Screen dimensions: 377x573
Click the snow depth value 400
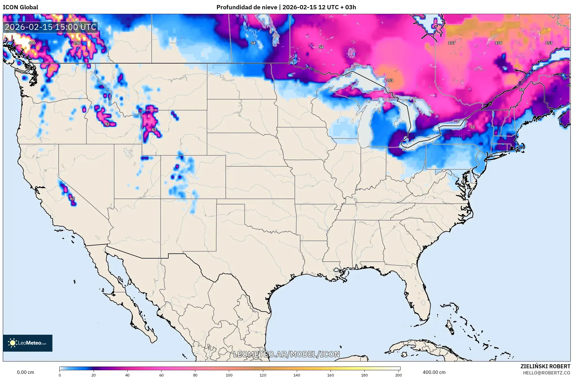[x=32, y=43]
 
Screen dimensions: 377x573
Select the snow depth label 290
[x=77, y=43]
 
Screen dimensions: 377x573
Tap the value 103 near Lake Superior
[x=389, y=80]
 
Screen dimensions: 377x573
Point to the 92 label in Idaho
[x=107, y=124]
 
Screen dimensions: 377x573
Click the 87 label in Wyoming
[x=154, y=130]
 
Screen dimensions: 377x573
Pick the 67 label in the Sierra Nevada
[x=72, y=199]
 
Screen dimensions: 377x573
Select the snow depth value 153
[x=549, y=43]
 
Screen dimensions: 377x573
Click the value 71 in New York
[x=472, y=127]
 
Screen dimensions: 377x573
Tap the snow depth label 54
[x=253, y=43]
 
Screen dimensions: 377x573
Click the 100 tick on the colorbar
[x=229, y=375]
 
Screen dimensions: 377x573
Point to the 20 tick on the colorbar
[x=94, y=375]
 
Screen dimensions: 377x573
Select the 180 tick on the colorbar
[x=364, y=375]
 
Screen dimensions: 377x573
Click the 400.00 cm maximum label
[x=434, y=372]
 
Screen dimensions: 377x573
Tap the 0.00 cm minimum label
[x=25, y=372]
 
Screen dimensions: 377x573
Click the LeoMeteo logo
[x=28, y=343]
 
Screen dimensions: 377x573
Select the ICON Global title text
[x=20, y=7]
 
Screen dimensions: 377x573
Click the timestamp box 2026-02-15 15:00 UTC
[x=50, y=27]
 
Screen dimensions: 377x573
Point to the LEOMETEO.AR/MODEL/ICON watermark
[x=286, y=354]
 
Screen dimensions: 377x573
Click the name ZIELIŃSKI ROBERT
[x=545, y=366]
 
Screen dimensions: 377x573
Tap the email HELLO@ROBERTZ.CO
[x=547, y=373]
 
